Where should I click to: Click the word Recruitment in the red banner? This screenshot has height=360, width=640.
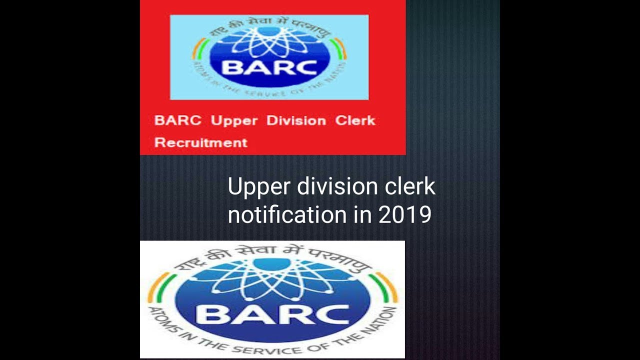pos(201,142)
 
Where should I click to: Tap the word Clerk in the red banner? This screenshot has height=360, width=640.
pos(355,121)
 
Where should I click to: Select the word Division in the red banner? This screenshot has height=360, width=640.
pos(296,121)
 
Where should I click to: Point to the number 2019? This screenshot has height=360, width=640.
pos(405,214)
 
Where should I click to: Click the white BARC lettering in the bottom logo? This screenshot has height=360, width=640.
pos(272,314)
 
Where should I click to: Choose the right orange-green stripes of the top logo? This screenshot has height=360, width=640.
pos(340,48)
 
